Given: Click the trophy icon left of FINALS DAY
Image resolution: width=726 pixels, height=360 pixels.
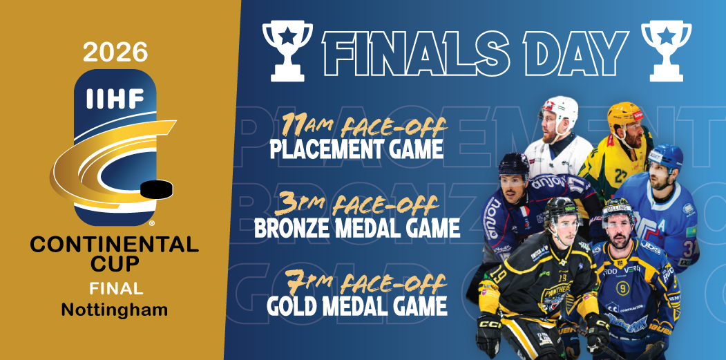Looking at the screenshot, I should [288, 50].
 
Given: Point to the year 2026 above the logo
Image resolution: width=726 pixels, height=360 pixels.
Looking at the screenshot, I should [115, 50].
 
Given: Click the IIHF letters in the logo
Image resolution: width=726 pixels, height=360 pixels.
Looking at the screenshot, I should [115, 100].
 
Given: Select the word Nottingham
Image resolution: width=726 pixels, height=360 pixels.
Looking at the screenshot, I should [115, 310].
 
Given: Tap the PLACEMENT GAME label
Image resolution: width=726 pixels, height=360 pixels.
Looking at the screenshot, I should [356, 149].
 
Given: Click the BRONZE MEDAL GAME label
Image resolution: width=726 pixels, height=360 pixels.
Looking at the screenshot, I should [357, 228].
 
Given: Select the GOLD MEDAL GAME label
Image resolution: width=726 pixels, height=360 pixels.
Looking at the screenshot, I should [357, 304].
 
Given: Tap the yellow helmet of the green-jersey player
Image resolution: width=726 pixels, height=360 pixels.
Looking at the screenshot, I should [625, 115].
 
